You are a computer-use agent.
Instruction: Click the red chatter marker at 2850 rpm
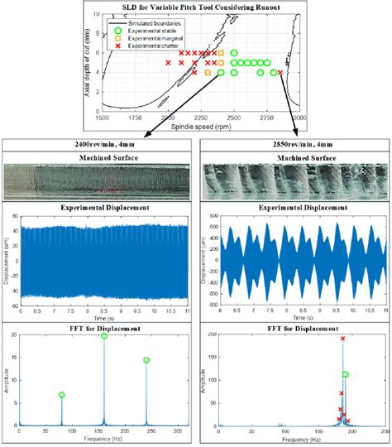(280, 73)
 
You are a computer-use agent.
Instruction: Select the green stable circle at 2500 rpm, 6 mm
(234, 53)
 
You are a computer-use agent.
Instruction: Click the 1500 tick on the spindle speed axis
(102, 118)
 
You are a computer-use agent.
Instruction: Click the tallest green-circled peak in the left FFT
(104, 336)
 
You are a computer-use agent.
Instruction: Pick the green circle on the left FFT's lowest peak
(62, 395)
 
